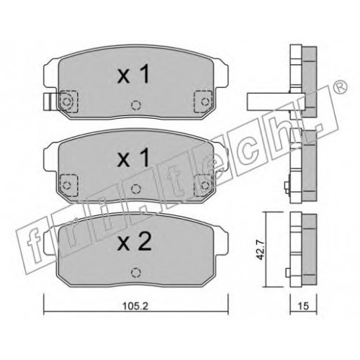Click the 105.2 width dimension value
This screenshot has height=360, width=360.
tap(135, 306)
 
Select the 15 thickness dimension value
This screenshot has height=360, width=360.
tap(303, 306)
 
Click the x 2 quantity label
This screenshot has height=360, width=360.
tap(135, 242)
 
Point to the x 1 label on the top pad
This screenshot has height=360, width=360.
tap(134, 75)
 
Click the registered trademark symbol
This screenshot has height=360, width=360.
tap(341, 87)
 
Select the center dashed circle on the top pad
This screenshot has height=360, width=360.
tap(136, 105)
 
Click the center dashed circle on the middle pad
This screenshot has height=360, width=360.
tap(136, 189)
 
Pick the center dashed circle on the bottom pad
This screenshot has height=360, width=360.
tap(136, 272)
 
